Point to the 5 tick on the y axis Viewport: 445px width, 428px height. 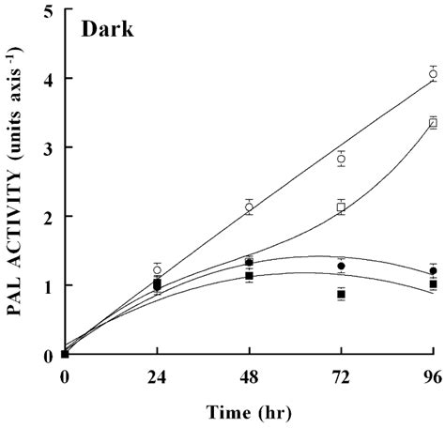point(47,10)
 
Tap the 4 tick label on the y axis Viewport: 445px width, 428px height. point(47,79)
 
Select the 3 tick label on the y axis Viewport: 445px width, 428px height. point(47,148)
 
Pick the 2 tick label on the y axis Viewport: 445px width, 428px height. point(47,217)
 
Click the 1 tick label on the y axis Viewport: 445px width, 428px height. point(47,285)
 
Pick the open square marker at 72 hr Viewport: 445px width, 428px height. point(341,207)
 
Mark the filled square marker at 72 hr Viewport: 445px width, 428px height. point(341,294)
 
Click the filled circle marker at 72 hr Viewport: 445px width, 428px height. point(341,266)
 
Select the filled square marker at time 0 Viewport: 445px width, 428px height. point(64,354)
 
